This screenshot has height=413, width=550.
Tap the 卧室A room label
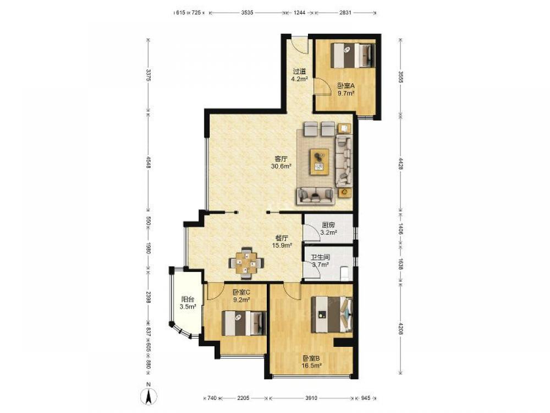coord(346,86)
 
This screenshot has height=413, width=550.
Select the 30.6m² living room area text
coord(282,166)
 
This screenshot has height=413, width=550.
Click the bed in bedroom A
coord(353,55)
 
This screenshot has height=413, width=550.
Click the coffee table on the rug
coord(319,161)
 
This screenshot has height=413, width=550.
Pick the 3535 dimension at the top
coord(248,13)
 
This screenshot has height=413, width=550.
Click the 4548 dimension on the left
coord(148,162)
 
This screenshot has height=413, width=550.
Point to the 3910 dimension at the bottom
coord(311,398)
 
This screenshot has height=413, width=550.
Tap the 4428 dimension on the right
coord(400,164)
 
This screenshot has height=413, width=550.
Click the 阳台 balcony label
coord(188,300)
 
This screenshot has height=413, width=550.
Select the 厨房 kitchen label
coord(328,225)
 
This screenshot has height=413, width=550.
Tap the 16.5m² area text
coord(312,366)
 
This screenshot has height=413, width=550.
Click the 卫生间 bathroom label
coord(320,257)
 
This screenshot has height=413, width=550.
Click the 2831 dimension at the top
coord(345,13)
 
